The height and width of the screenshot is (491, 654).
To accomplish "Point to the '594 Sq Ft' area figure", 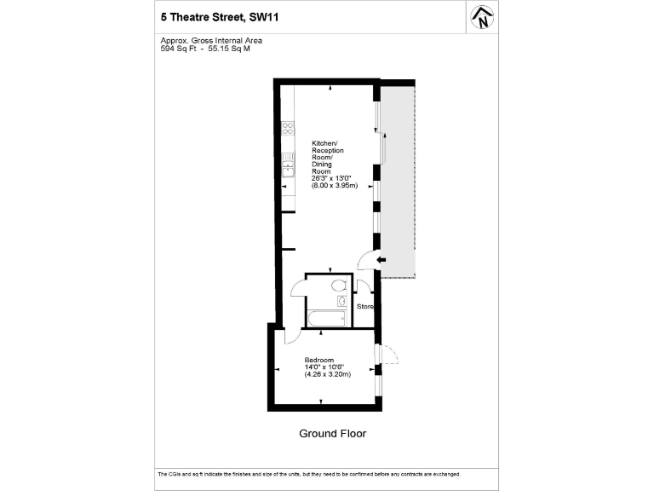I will point(177,49).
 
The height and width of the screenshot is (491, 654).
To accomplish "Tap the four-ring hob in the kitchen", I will point(288,130).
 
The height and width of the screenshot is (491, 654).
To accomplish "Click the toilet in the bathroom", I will point(338,285).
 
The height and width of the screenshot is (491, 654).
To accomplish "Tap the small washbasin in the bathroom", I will point(341,301).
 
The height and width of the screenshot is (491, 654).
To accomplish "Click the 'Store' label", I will point(365,306).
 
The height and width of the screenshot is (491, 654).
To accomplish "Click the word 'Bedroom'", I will point(319,359).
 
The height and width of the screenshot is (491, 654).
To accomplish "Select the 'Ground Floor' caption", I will point(332,434).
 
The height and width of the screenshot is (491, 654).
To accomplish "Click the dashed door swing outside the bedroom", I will point(389,354).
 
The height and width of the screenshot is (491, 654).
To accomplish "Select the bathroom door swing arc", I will point(297,286).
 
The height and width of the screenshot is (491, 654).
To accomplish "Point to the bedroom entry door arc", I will point(290,338).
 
